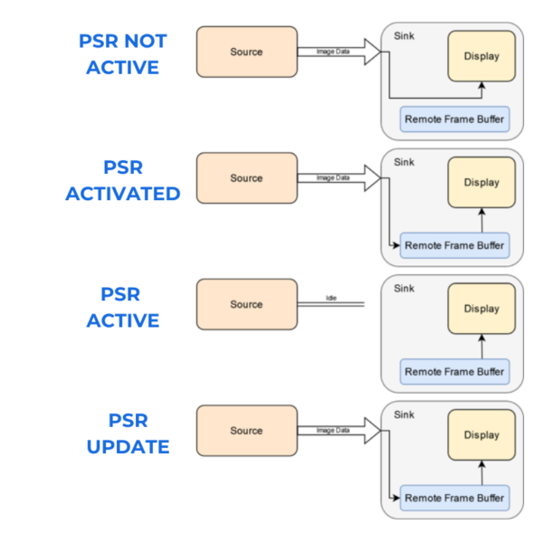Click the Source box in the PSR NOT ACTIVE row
(x=246, y=52)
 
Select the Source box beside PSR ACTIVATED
(x=246, y=178)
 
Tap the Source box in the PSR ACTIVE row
(x=246, y=305)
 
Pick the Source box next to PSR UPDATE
(x=246, y=431)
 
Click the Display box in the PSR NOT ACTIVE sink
(x=481, y=56)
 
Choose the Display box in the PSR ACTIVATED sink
(x=481, y=183)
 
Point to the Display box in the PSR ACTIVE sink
(x=481, y=309)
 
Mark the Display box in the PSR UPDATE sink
(x=481, y=435)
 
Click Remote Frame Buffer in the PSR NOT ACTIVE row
(x=454, y=119)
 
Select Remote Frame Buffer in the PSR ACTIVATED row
(x=454, y=245)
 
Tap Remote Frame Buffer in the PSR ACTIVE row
(x=454, y=372)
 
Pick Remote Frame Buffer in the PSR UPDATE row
(x=454, y=498)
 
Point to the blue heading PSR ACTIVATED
(x=122, y=181)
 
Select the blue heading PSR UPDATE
(x=128, y=433)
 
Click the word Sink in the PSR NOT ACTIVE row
(x=405, y=36)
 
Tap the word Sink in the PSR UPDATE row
(x=405, y=415)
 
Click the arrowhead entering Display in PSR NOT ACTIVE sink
(x=481, y=86)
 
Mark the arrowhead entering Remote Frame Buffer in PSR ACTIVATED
(x=396, y=245)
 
